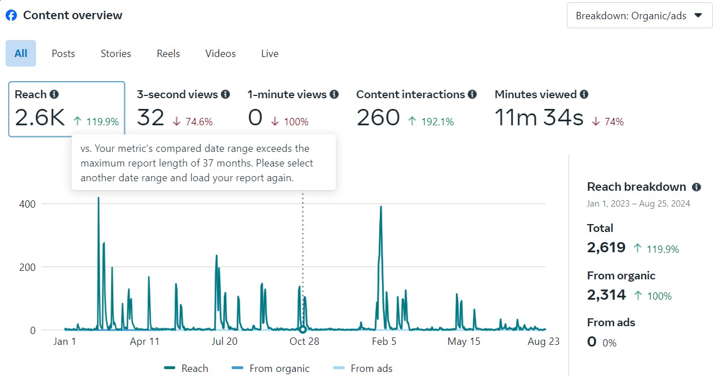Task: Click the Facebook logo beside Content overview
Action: coord(11,15)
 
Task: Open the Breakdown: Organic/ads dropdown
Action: coord(639,16)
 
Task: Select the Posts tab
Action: coord(63,54)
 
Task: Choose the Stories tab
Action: coord(116,54)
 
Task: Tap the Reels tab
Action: coord(168,54)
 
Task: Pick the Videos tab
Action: coord(220,54)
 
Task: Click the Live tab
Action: coord(269,54)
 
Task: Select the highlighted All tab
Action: coord(21,54)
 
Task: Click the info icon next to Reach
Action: coord(54,94)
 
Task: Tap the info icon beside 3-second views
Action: coord(225,94)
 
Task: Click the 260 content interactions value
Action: coord(378,118)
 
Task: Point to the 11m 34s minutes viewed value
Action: coord(539,118)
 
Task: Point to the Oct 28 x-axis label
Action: coord(305,341)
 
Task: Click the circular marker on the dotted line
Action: coord(303,330)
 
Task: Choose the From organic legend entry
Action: coord(270,369)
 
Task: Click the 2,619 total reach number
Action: coord(606,247)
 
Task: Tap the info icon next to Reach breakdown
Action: coord(696,187)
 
